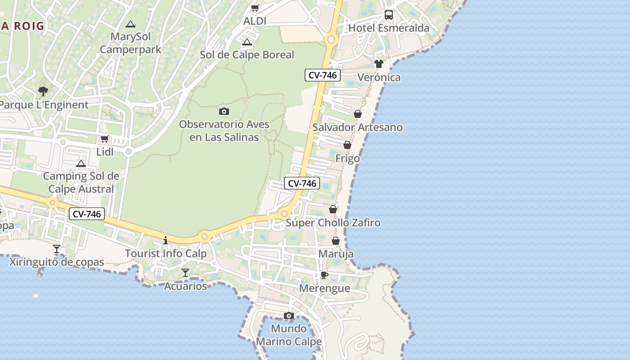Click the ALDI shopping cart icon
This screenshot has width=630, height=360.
(255, 8)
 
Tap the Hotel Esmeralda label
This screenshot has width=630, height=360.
(389, 28)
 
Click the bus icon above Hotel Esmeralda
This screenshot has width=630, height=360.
(389, 15)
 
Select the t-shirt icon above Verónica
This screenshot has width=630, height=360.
(379, 64)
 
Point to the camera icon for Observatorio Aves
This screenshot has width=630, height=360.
(224, 111)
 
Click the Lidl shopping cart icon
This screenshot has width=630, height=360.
(105, 139)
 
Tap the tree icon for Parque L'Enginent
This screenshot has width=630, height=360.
(43, 92)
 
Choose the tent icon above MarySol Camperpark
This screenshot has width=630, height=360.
(130, 24)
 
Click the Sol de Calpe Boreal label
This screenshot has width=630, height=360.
(247, 55)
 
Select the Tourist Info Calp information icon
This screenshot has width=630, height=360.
(166, 240)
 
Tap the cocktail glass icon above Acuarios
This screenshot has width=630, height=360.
(185, 273)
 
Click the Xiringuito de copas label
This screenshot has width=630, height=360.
(57, 262)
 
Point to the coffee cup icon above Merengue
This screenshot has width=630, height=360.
(324, 275)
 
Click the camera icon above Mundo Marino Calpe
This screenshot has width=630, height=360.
(289, 315)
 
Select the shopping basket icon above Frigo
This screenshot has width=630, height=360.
(347, 145)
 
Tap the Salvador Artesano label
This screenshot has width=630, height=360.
(357, 127)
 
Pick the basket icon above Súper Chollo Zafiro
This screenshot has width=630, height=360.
(333, 209)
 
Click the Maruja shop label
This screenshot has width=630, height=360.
(336, 254)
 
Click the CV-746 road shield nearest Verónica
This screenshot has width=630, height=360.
(322, 75)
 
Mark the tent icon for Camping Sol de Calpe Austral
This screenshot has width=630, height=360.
(81, 163)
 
